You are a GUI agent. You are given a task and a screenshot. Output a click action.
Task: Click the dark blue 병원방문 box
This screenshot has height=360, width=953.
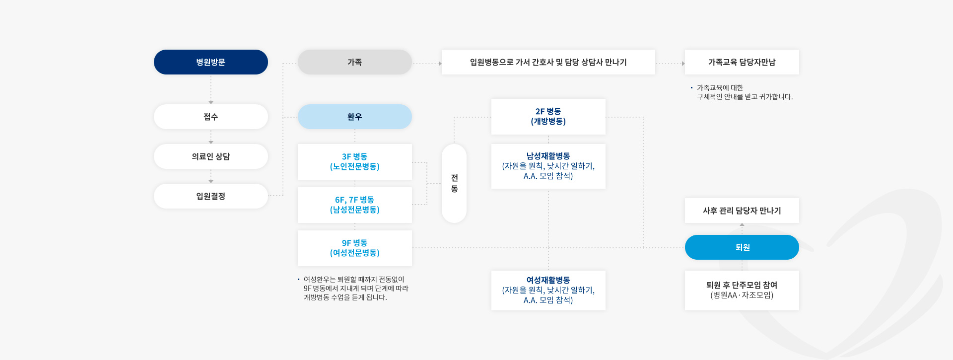coord(211,62)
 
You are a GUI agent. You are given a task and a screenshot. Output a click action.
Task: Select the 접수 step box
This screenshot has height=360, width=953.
coord(211,117)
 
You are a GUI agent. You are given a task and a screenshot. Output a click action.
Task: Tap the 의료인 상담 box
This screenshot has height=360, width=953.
coord(211,156)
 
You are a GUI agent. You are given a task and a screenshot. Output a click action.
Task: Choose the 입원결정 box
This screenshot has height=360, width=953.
coord(211,196)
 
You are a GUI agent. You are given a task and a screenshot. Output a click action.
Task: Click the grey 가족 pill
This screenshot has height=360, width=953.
coord(355,62)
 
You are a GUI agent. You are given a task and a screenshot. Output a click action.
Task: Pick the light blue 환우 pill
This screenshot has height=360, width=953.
coord(355,117)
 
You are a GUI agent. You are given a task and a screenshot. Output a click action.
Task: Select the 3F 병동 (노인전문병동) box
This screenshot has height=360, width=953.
coord(355,162)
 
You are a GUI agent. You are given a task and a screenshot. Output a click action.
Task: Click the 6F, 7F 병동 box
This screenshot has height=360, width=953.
coord(355,205)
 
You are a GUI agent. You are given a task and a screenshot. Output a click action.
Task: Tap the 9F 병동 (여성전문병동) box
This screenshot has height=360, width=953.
coord(355,248)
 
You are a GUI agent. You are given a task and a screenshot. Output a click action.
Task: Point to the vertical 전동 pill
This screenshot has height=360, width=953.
coord(454,183)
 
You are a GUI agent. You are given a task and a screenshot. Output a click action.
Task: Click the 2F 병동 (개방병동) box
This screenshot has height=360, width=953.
coord(548,117)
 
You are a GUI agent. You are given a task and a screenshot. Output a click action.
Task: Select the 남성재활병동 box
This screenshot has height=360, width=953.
coord(548,166)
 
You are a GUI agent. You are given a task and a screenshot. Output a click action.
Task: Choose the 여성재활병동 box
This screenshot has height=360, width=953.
coord(548,290)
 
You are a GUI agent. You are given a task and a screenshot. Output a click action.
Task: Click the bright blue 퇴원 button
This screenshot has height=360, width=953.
coord(742,247)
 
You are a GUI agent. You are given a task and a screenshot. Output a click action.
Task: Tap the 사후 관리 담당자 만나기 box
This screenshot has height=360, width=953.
coord(742,211)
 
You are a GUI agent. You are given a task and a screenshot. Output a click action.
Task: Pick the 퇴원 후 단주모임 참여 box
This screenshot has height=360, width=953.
coord(742,290)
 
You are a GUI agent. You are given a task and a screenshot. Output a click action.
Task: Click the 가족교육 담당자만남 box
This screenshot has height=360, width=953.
coord(742,62)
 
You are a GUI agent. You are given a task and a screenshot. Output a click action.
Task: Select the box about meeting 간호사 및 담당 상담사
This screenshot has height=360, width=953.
coord(548,62)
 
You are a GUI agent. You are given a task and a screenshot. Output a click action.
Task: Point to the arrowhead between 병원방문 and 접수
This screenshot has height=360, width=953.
coord(211,102)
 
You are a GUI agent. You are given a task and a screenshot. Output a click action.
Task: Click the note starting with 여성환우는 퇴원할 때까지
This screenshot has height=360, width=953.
coord(353,288)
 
